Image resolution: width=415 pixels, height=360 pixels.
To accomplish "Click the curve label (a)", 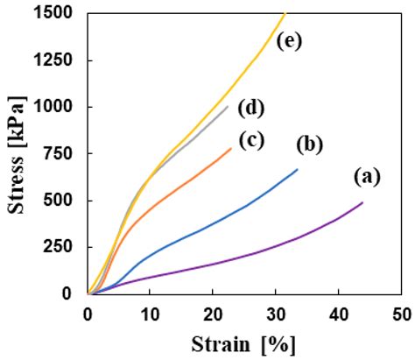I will coord(369,177).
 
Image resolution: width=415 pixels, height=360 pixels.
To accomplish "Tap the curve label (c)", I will coord(252,138).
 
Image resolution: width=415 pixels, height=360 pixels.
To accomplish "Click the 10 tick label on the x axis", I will coord(150,313).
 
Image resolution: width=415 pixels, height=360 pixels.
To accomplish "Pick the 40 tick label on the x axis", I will coord(339,313).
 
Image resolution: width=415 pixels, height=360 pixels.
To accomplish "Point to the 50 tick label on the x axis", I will coord(401,313).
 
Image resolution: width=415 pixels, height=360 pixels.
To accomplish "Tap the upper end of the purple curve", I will coord(362,203).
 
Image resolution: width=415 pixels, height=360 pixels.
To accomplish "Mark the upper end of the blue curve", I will coord(298,170).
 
